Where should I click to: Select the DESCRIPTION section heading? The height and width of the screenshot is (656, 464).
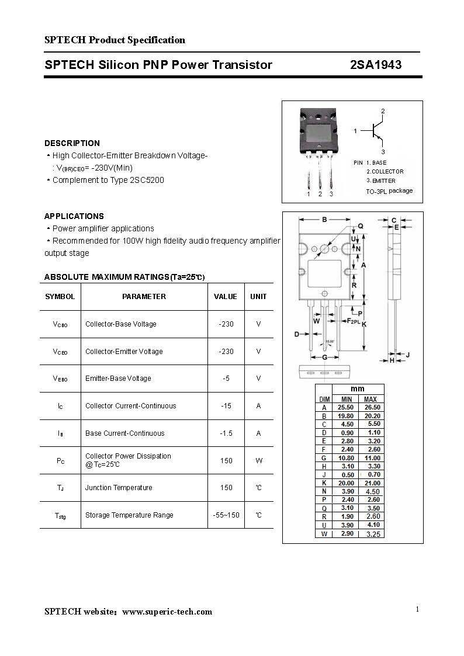(72, 143)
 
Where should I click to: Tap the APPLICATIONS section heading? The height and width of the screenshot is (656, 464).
(74, 216)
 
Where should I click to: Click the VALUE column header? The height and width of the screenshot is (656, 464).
(226, 297)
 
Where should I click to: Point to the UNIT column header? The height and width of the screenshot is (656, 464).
(258, 297)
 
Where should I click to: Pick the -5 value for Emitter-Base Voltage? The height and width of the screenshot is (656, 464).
(226, 379)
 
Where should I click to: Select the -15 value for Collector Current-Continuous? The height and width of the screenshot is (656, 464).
(226, 406)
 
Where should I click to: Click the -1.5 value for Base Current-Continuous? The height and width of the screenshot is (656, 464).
(226, 433)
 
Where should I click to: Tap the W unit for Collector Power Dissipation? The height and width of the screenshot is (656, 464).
(258, 461)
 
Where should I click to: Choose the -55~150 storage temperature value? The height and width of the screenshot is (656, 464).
(226, 515)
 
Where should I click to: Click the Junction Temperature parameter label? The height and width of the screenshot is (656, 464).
(119, 488)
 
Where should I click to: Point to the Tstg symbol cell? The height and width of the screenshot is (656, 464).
(60, 516)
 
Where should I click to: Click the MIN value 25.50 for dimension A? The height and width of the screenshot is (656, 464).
(347, 407)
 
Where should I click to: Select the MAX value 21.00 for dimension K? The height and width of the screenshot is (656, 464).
(372, 483)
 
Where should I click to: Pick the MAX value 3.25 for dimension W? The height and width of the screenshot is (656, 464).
(372, 534)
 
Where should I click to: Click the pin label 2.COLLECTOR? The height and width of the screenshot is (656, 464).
(385, 172)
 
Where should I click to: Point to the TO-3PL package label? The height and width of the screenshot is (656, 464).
(389, 191)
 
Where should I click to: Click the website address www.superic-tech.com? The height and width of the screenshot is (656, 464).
(167, 612)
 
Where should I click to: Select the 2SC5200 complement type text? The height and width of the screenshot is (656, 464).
(147, 180)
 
